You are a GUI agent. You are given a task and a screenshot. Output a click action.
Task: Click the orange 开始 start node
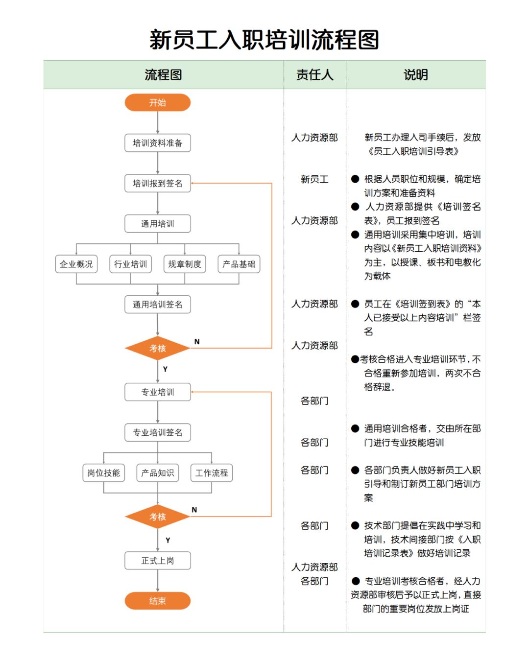coord(157,103)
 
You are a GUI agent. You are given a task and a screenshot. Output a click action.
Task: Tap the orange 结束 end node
coord(157,601)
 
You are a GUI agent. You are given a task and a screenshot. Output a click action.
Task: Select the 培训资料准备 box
coord(157,143)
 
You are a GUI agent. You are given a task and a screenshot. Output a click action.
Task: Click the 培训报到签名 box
coord(157,184)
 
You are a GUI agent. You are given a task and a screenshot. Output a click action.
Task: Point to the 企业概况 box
coord(76,264)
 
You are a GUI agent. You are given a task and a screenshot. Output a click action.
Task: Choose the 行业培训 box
coord(130,264)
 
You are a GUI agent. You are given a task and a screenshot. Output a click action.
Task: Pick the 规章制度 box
coord(185,264)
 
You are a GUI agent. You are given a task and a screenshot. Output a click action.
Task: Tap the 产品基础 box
coord(239,264)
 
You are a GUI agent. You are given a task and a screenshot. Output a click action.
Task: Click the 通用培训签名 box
coord(157,305)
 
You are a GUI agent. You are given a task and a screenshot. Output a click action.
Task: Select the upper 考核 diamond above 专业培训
coord(157,349)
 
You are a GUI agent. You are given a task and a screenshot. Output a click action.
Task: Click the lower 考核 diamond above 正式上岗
coord(157,517)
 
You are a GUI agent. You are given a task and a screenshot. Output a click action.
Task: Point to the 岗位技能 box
coord(103,473)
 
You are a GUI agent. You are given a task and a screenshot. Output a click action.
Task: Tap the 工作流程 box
coord(212,473)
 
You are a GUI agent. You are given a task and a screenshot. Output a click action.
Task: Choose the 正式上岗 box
coord(157,561)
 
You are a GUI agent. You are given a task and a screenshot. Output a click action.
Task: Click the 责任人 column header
coord(314,75)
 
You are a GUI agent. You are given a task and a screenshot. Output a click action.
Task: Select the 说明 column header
coord(415,75)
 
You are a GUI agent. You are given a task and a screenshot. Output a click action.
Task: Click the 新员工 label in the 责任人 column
coord(314,179)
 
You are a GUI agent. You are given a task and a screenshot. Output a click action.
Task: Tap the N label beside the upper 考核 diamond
coord(197,342)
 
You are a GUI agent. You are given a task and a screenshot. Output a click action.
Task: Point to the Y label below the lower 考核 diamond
coord(168,541)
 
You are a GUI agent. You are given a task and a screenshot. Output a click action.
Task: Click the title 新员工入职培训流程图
coord(264,40)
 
